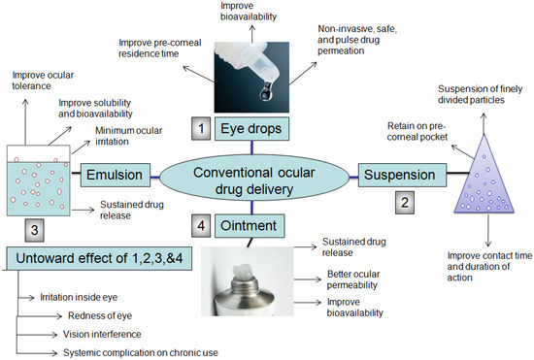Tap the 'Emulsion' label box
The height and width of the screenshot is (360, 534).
[116, 176]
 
